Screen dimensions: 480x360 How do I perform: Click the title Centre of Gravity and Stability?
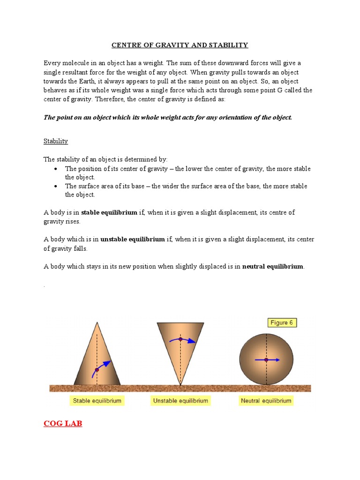click(x=180, y=45)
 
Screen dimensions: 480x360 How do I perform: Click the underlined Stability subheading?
click(x=56, y=141)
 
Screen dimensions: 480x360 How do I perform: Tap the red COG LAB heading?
click(x=63, y=424)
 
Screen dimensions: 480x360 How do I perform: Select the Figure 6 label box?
click(x=282, y=322)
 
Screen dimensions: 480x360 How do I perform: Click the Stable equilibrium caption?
click(x=97, y=401)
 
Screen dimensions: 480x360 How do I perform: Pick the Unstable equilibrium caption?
click(x=180, y=401)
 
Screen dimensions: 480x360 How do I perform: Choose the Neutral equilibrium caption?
click(x=266, y=401)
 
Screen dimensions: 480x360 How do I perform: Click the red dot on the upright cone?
click(x=97, y=370)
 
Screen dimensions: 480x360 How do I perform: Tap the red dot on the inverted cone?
click(x=180, y=338)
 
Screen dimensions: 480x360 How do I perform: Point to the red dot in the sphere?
click(x=266, y=360)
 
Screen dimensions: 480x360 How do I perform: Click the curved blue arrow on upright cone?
click(x=104, y=365)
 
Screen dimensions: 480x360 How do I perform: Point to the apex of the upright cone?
click(x=97, y=322)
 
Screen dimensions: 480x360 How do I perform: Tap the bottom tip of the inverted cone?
click(x=180, y=384)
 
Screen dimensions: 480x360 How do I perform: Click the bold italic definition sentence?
click(x=168, y=117)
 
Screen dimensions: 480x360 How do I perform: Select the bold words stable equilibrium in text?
click(x=109, y=212)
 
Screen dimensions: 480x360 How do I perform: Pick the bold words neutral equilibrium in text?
click(x=273, y=266)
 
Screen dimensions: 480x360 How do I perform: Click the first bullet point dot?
click(x=56, y=169)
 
